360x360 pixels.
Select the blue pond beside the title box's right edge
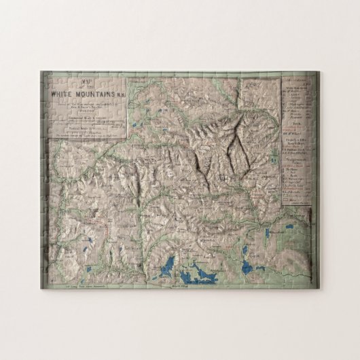[137, 126]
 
